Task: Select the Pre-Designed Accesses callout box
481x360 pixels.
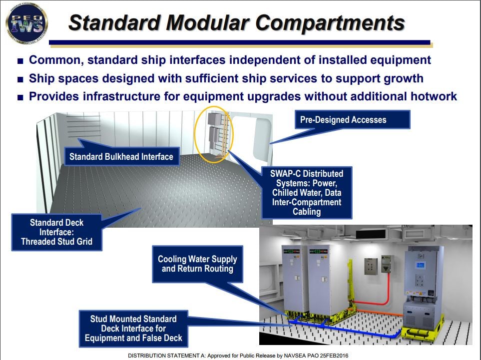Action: coord(343,119)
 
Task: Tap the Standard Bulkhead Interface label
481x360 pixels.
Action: coord(121,157)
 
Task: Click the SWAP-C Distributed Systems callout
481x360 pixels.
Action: coord(306,192)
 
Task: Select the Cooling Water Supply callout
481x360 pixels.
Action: coord(197,264)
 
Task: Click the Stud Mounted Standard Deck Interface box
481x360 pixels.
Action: coord(133,328)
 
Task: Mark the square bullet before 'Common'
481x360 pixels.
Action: coord(20,61)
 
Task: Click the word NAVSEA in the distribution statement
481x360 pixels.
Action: coord(282,355)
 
